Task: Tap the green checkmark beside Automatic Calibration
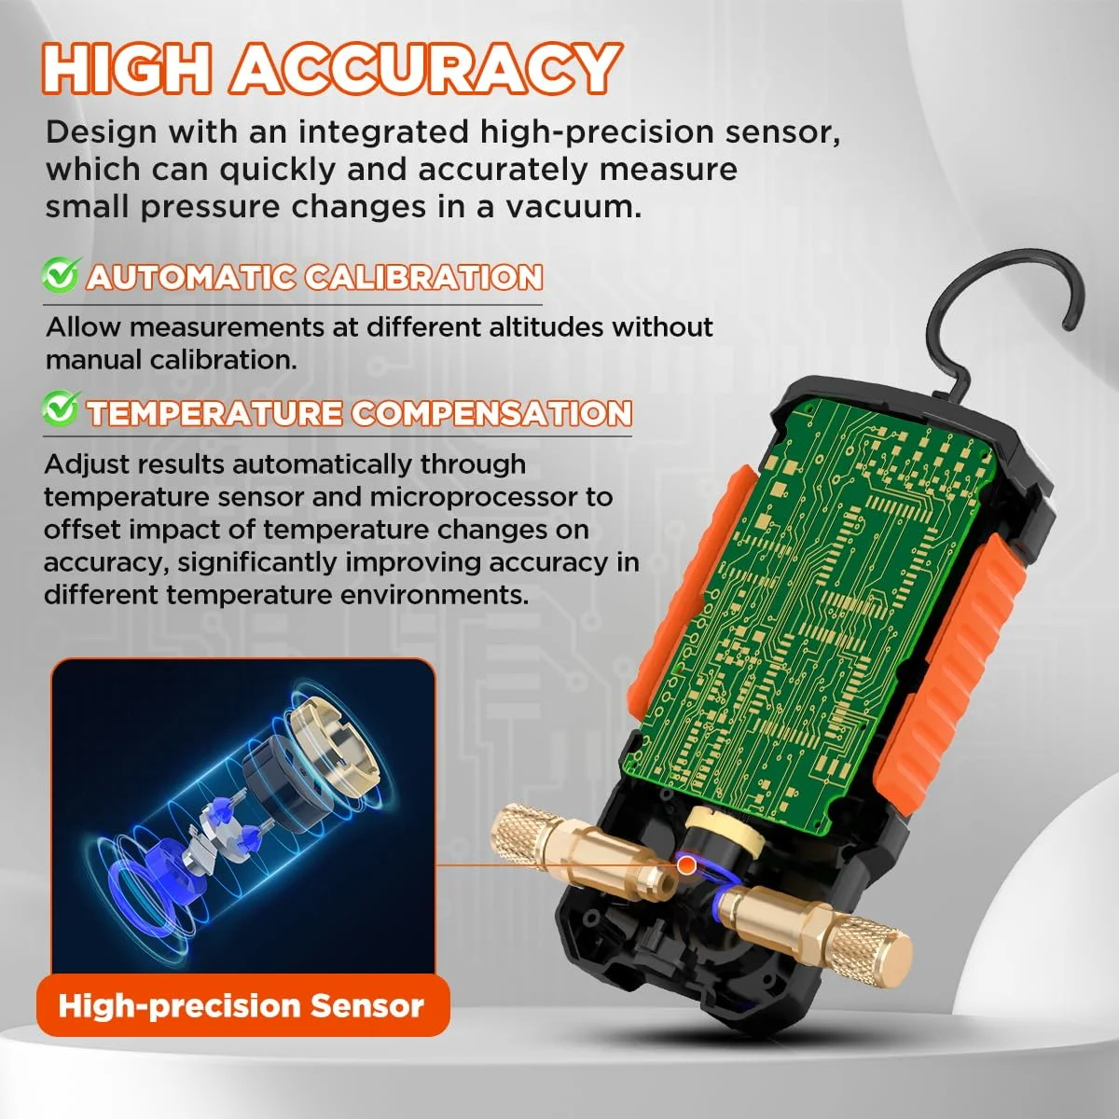tap(61, 275)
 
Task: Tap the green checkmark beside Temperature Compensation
tap(61, 408)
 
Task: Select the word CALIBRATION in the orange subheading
tap(424, 277)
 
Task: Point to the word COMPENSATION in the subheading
tap(491, 413)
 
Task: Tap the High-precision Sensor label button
tap(242, 1006)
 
